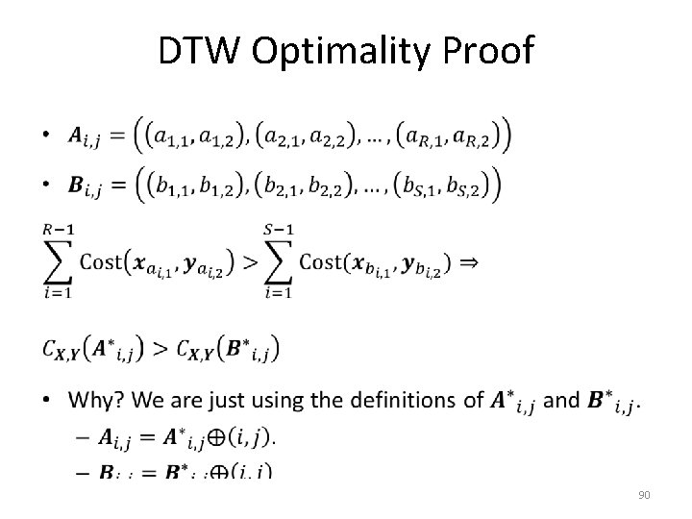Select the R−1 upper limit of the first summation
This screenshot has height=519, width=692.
pos(59,227)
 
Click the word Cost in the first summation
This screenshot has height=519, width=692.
pos(101,260)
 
